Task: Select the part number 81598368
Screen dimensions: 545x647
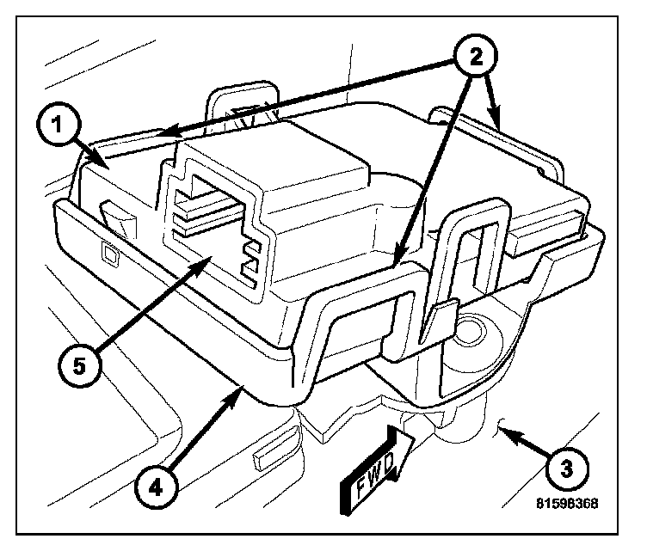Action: point(566,505)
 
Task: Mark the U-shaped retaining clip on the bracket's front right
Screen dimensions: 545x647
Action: point(468,249)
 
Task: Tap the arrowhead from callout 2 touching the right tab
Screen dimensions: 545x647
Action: point(500,125)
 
